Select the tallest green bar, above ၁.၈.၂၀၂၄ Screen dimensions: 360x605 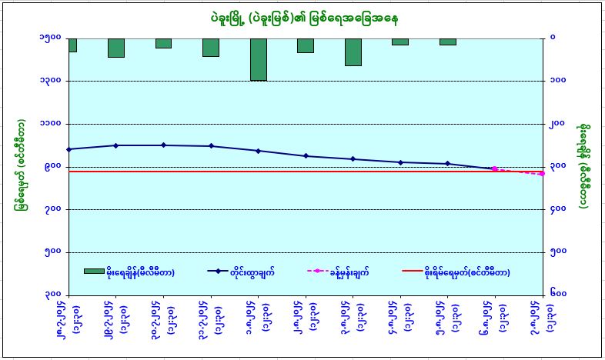[258, 59]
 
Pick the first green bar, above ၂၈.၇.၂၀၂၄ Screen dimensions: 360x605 [72, 45]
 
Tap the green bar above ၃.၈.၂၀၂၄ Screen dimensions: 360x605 [353, 52]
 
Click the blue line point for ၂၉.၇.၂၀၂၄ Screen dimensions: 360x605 [115, 145]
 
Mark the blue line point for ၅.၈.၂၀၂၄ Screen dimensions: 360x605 [449, 164]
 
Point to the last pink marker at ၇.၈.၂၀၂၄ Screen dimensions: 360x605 [543, 174]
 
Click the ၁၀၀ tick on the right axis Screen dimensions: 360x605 [559, 81]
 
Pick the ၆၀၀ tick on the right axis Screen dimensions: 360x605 [559, 295]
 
